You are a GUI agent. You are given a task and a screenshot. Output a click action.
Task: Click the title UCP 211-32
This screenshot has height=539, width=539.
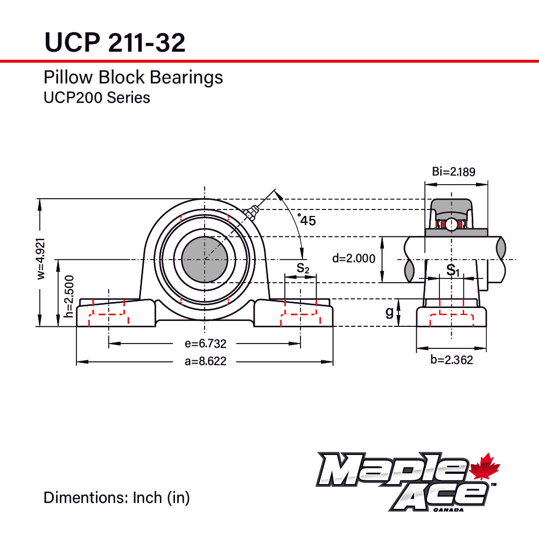coord(115,42)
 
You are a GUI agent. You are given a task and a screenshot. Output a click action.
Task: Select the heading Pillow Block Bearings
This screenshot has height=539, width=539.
coord(133,78)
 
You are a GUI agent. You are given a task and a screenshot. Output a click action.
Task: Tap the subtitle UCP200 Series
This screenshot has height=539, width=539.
coord(96,97)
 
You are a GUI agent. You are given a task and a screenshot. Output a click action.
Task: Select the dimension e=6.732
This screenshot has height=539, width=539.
coord(205,344)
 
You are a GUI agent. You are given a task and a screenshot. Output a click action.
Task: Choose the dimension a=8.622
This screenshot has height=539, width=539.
coord(205,362)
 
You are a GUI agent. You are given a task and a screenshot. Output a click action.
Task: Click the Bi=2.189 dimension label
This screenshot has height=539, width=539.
coord(453,172)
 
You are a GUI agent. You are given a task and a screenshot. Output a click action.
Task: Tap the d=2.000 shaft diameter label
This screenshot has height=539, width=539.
coord(354,258)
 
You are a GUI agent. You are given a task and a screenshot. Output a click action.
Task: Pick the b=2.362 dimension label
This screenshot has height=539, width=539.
coord(451,360)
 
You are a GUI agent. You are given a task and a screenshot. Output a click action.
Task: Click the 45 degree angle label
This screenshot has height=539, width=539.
coord(307,220)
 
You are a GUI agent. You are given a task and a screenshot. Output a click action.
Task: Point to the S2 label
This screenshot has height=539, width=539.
coord(303,268)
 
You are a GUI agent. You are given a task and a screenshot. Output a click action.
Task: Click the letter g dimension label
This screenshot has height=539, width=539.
coord(389,312)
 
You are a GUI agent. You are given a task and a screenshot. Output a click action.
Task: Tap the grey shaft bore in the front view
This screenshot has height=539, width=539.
coord(204,259)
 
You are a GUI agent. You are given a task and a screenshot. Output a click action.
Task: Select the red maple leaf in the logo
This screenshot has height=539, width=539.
coord(485,467)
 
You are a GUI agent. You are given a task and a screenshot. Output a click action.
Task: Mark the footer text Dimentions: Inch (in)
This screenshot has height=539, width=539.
coord(117,498)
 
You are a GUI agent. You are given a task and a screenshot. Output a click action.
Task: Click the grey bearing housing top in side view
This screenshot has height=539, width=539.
coord(451,207)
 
